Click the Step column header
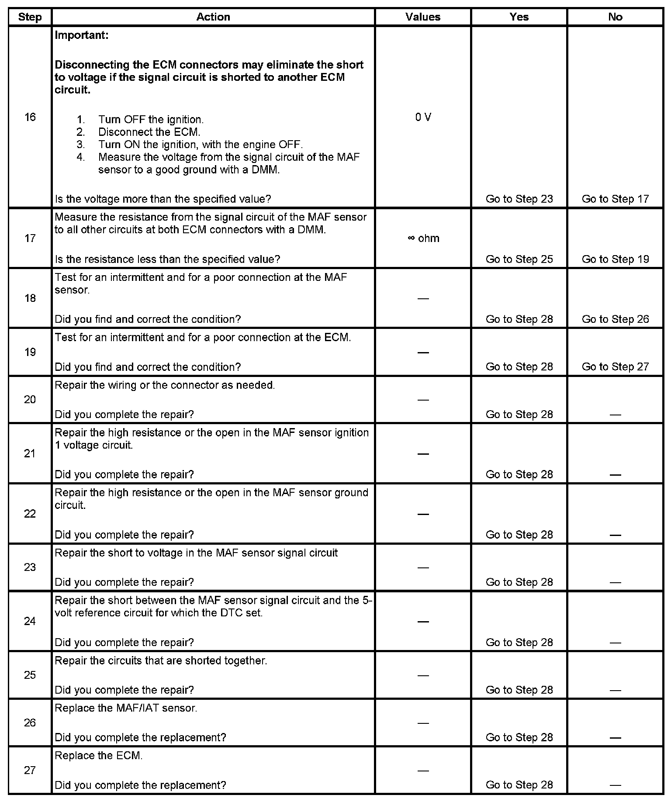point(30,17)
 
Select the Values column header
point(422,17)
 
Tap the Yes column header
point(519,17)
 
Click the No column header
point(615,17)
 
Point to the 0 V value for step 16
point(423,117)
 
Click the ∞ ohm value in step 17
point(423,239)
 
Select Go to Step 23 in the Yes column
point(519,199)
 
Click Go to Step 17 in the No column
point(615,199)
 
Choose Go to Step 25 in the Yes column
point(519,259)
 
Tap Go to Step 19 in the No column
point(615,259)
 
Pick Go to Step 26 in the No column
point(615,320)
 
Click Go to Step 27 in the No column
point(615,367)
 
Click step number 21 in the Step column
point(30,454)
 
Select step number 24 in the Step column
point(30,622)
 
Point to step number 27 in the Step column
point(30,770)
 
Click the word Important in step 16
point(81,35)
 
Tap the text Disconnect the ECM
point(149,132)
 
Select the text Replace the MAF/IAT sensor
point(126,708)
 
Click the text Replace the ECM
point(99,756)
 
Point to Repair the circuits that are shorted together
point(161,660)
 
